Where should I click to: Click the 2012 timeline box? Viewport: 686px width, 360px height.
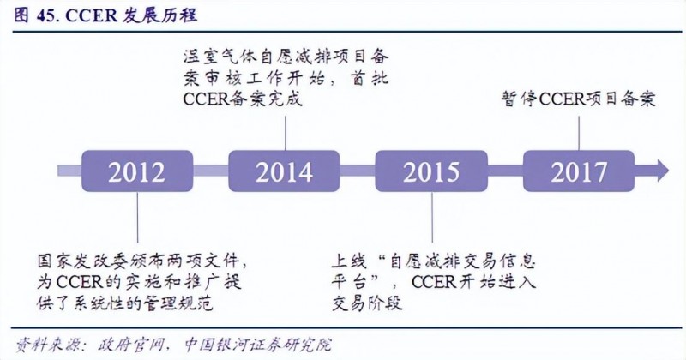point(136,171)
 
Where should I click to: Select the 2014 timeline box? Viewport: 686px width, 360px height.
point(285,171)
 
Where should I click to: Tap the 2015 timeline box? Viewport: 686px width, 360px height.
point(431,171)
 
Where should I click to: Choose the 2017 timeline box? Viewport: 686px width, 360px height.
point(579,171)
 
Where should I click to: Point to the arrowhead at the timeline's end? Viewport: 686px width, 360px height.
point(661,171)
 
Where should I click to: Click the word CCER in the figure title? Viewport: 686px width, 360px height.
point(85,15)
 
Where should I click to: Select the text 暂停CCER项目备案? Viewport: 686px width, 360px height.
point(579,98)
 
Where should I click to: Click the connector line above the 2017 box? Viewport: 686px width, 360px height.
point(579,129)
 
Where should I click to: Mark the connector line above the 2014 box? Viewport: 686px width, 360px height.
point(285,129)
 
